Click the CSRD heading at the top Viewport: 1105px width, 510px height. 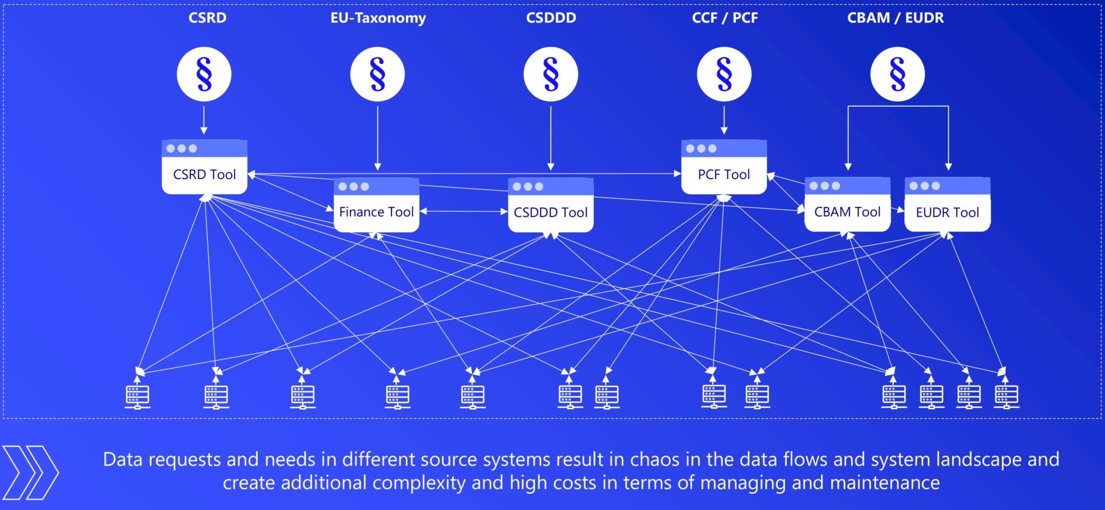pos(207,18)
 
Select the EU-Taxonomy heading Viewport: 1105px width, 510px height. pos(378,18)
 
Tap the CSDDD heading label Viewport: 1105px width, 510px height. pos(551,18)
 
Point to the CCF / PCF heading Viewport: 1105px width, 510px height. pos(725,18)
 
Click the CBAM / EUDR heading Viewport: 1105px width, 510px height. pos(895,18)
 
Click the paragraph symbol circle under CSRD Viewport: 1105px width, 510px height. pos(204,74)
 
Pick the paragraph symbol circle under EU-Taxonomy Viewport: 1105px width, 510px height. pos(378,74)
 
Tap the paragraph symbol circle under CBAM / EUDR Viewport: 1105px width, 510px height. pos(897,74)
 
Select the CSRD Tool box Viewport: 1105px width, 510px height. pos(204,168)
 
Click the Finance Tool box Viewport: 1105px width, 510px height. pos(376,206)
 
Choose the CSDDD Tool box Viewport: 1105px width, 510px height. pos(551,206)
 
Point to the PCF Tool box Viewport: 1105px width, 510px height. pos(724,168)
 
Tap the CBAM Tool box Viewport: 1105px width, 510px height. pos(847,205)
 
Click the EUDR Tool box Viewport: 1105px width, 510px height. pos(947,205)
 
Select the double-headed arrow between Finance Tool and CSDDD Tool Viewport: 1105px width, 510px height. pos(464,211)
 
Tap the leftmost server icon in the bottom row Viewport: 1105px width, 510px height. pos(138,396)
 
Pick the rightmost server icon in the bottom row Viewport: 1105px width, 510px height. pos(1007,396)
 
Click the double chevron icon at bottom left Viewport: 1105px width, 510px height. pos(31,473)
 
